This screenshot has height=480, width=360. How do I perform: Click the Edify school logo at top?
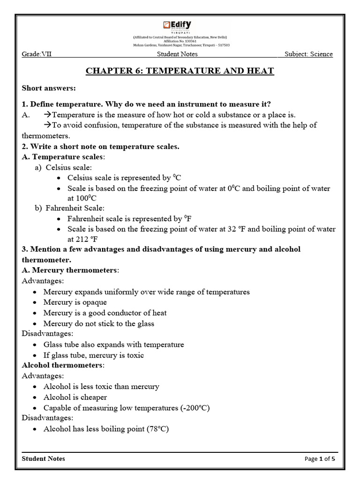click(x=177, y=26)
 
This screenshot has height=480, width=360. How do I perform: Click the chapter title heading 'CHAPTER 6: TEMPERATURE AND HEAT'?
click(x=180, y=71)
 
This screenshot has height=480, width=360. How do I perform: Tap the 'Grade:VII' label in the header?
click(x=37, y=54)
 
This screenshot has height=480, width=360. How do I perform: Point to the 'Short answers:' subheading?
click(x=49, y=88)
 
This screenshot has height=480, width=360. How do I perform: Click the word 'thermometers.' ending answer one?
click(x=46, y=136)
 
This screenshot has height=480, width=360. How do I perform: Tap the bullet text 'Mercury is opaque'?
click(x=75, y=302)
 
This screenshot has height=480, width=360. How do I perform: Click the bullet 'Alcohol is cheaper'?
click(x=75, y=397)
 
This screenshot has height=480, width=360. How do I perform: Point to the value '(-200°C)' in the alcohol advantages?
click(x=194, y=408)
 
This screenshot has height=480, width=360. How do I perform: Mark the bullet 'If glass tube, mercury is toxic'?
click(x=93, y=355)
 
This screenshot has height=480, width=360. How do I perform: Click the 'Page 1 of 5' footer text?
click(x=320, y=459)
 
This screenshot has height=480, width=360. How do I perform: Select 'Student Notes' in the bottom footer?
click(x=44, y=458)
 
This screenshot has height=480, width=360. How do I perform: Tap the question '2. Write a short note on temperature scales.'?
click(x=100, y=146)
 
